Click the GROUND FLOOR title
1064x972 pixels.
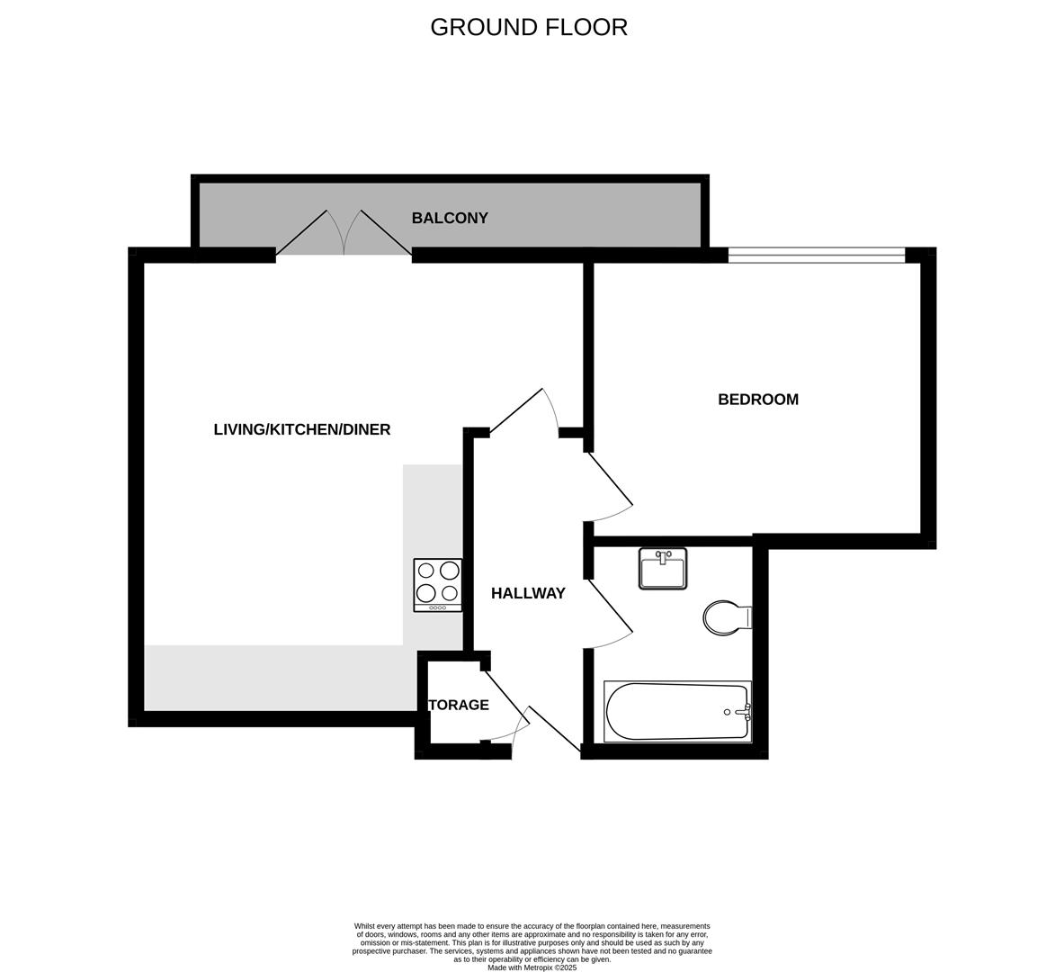(x=529, y=27)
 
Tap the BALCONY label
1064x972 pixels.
(x=450, y=218)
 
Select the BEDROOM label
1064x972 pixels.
(x=757, y=400)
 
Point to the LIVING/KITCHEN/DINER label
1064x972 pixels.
(x=302, y=429)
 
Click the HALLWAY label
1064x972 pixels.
(x=528, y=593)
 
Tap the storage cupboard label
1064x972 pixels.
(x=459, y=705)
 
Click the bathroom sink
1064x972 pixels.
(x=663, y=569)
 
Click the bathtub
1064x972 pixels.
(x=676, y=712)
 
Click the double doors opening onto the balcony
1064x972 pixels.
(x=344, y=236)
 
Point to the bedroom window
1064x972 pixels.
(x=816, y=256)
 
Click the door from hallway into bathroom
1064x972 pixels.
(x=610, y=616)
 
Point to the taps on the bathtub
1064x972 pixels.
(x=743, y=712)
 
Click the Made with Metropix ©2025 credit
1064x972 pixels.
(x=532, y=967)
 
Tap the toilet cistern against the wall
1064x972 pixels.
(x=745, y=617)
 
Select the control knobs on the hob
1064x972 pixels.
(x=438, y=607)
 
